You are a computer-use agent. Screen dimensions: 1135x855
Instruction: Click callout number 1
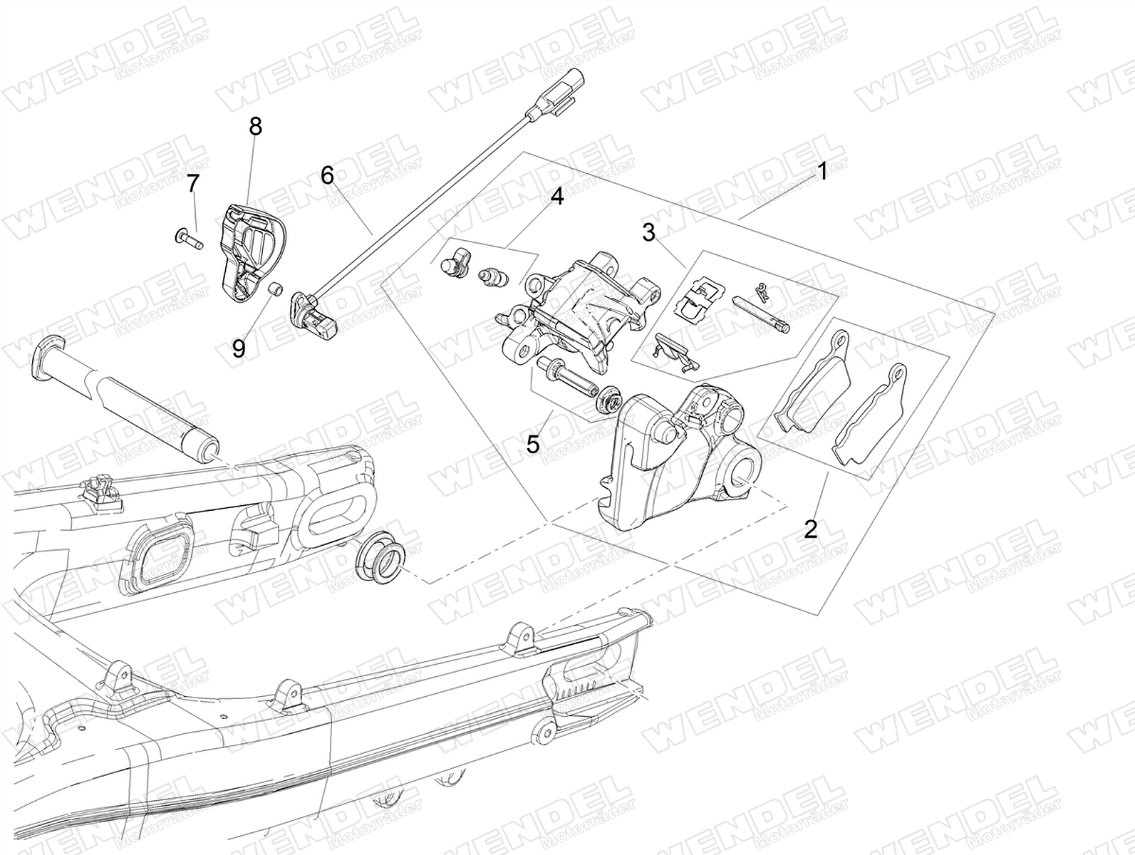[x=822, y=171]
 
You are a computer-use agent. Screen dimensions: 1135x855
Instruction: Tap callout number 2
[x=810, y=529]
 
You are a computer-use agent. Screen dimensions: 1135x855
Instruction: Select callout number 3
[x=648, y=232]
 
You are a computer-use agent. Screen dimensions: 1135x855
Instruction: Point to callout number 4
[x=556, y=197]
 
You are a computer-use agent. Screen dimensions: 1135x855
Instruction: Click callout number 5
[x=533, y=443]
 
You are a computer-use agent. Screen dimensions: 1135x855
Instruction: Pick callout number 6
[x=327, y=175]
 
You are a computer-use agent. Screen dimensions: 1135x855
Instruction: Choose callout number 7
[x=193, y=183]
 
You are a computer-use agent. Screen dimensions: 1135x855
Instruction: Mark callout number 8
[x=256, y=127]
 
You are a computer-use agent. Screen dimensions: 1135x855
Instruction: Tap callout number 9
[x=239, y=349]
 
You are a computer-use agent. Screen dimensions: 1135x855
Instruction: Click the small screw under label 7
[x=189, y=239]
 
